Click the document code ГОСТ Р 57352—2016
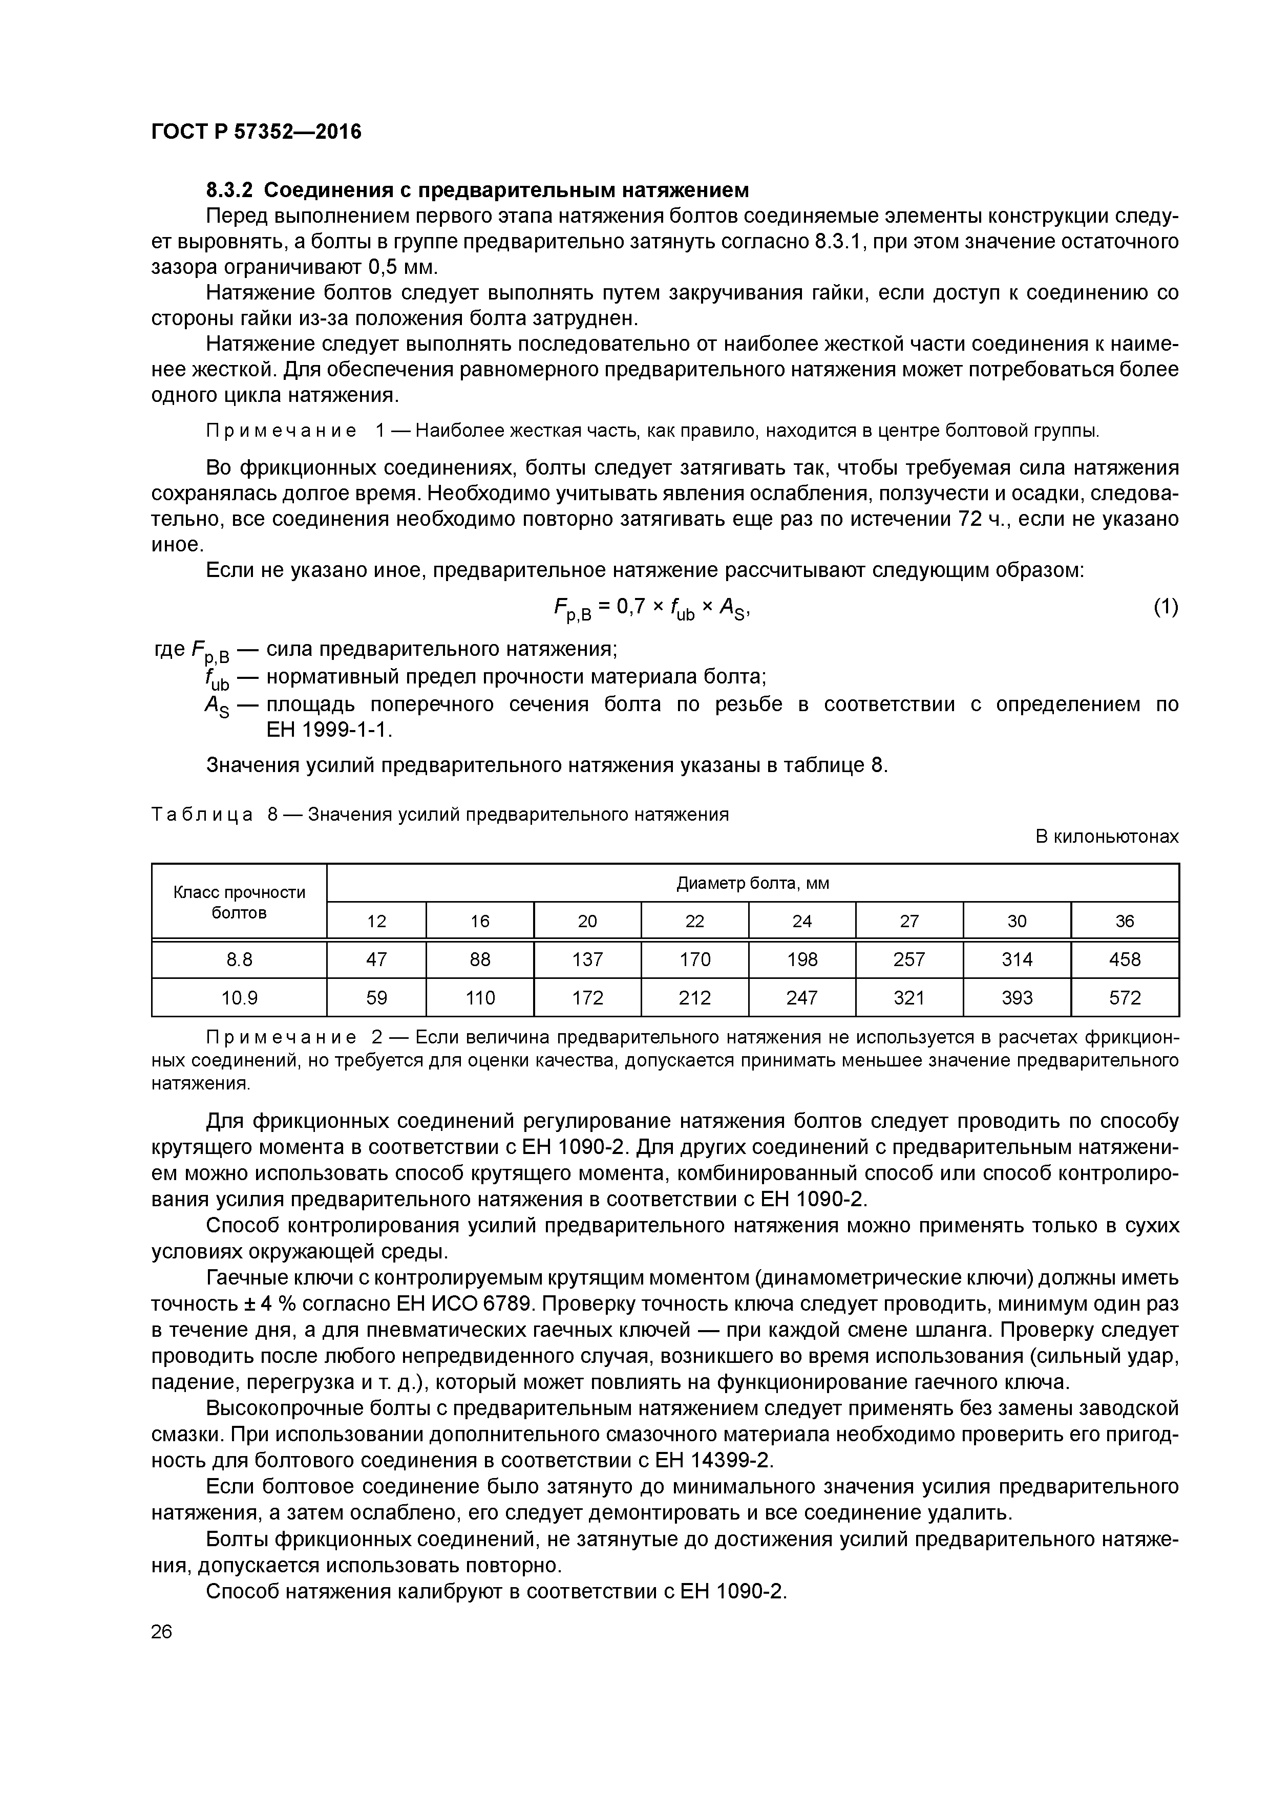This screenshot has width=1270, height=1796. [x=256, y=132]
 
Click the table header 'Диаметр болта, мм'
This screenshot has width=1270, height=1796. [x=752, y=883]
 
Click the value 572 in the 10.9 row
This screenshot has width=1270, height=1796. [x=1125, y=997]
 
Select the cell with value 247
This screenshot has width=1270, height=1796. [x=802, y=997]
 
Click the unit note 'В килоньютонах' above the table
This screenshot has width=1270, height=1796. [x=1107, y=836]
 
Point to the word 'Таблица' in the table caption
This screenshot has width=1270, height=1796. [x=202, y=815]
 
